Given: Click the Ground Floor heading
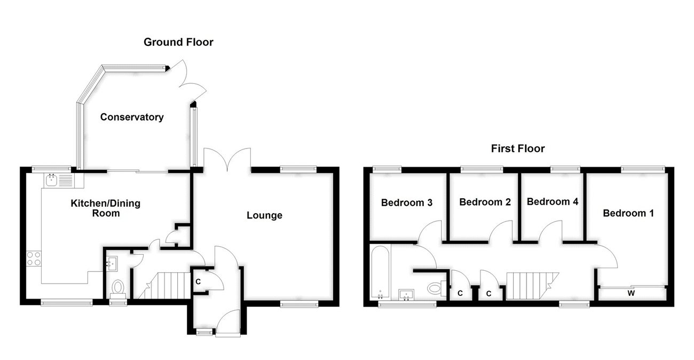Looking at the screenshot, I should pyautogui.click(x=178, y=42).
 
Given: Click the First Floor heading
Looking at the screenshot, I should pyautogui.click(x=518, y=148).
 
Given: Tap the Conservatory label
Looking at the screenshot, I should pyautogui.click(x=132, y=117).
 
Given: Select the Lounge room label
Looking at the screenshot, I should pyautogui.click(x=264, y=216).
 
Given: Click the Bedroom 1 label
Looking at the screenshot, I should pyautogui.click(x=628, y=213).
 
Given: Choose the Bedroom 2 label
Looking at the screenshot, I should pyautogui.click(x=485, y=202).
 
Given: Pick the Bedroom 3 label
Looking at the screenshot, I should pyautogui.click(x=406, y=202).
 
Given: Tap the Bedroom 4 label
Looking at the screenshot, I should pyautogui.click(x=553, y=201).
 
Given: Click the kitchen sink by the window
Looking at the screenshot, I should pyautogui.click(x=52, y=179).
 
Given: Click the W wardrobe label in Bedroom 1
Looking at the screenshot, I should pyautogui.click(x=631, y=293).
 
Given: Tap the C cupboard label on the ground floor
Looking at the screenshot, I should pyautogui.click(x=198, y=281).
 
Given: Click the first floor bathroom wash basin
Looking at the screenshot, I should pyautogui.click(x=408, y=295).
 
